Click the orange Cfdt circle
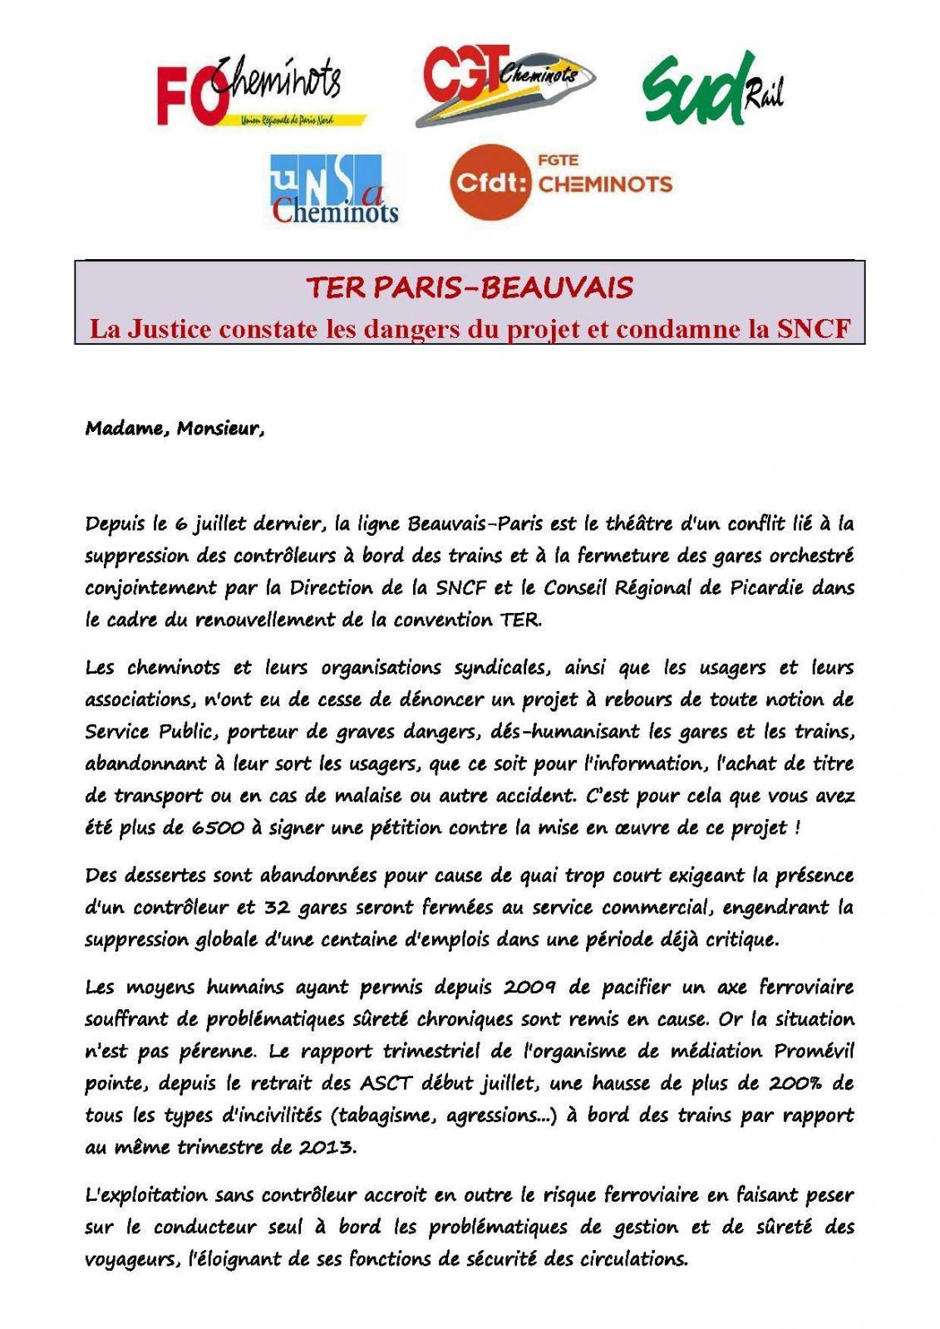(490, 182)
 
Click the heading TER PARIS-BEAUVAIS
(470, 287)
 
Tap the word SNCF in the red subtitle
(814, 329)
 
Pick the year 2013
(327, 1147)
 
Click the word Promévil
(814, 1051)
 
